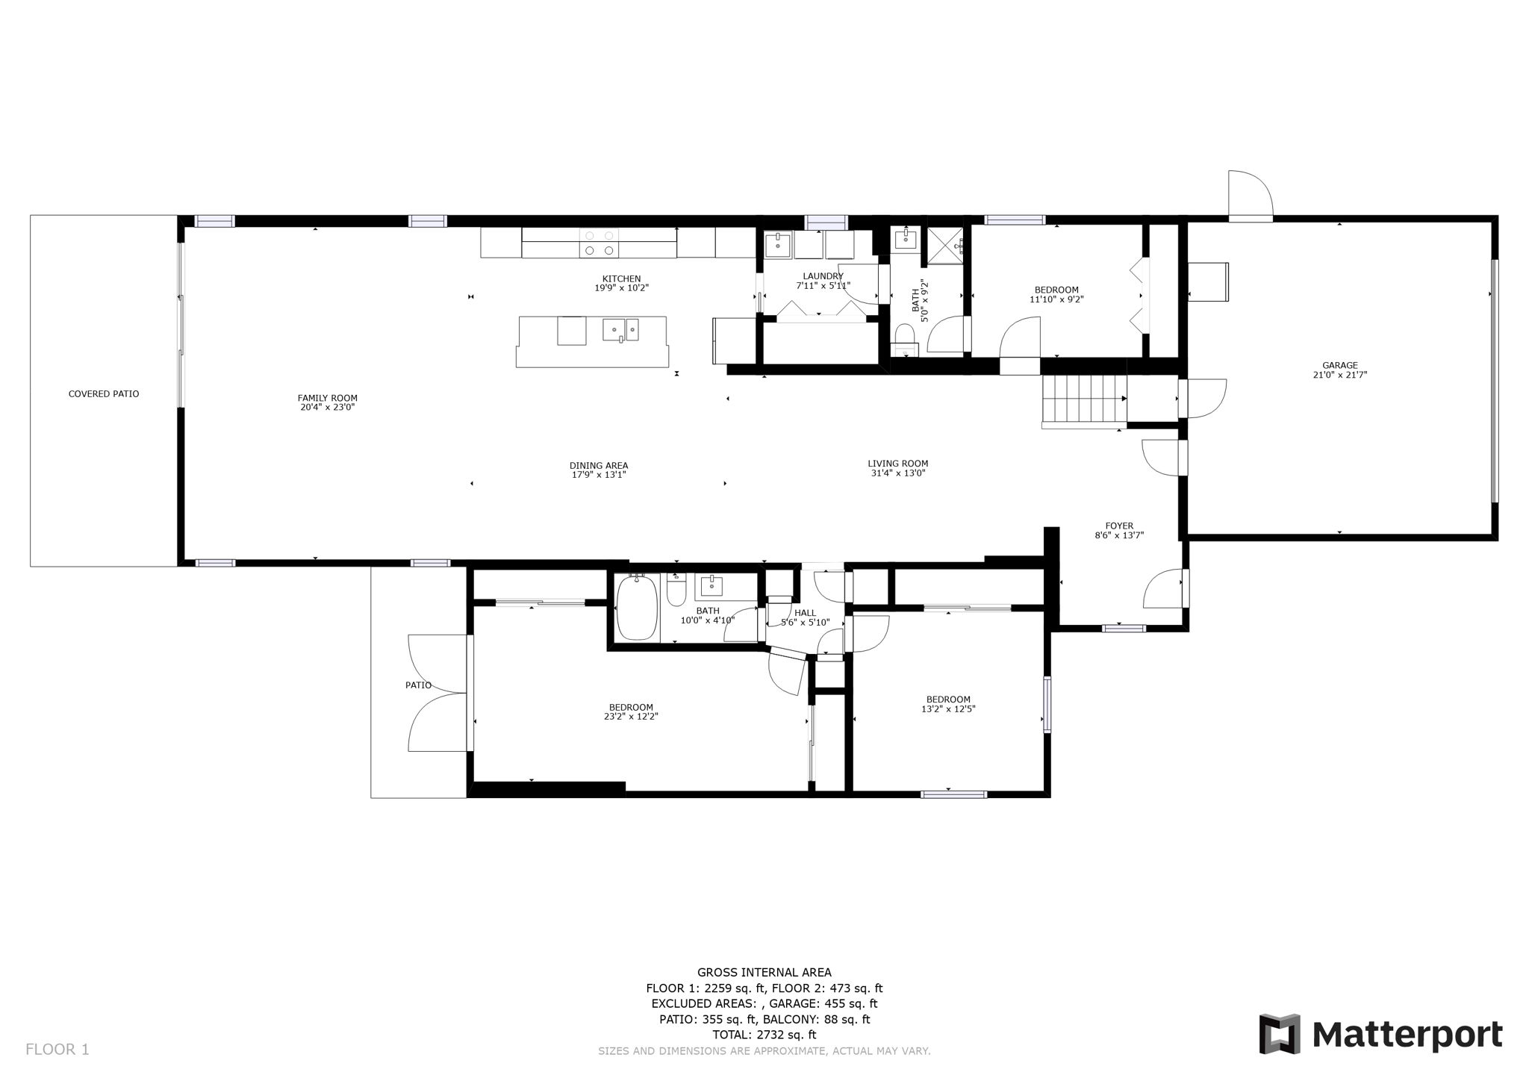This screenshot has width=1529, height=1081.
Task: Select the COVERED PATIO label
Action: pos(104,393)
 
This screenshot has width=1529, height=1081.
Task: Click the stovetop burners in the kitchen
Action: pos(600,243)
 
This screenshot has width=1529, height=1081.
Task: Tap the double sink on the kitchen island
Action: pos(620,329)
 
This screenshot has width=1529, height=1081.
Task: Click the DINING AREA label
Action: pos(599,465)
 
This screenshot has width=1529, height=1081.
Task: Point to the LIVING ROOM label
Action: pos(898,464)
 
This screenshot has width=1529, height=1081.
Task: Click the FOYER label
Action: pos(1119,526)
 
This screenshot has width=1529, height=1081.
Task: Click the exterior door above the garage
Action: pos(1250,196)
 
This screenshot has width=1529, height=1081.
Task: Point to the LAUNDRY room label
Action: pos(823,276)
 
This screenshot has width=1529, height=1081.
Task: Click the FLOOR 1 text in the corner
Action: pos(57,1050)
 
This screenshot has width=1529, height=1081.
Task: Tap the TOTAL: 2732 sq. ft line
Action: pos(764,1035)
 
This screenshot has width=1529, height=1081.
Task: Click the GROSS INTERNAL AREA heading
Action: pos(764,972)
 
